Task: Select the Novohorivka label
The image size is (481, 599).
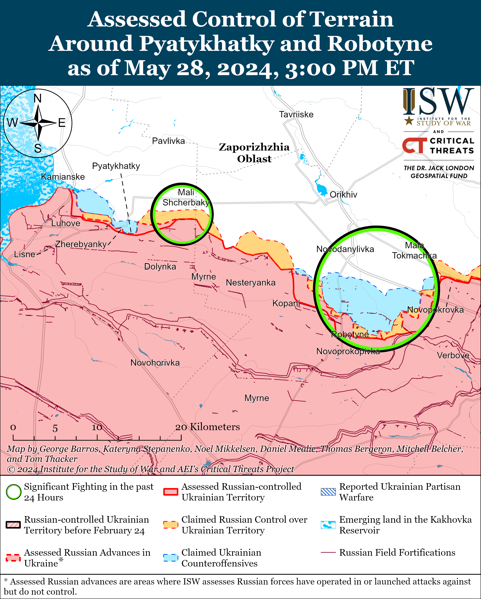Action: [155, 363]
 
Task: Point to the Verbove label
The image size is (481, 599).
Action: [453, 355]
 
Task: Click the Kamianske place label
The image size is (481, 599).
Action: [63, 177]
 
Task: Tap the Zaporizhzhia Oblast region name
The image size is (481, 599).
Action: [254, 153]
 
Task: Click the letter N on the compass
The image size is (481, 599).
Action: [38, 98]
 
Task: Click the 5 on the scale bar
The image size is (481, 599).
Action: [55, 428]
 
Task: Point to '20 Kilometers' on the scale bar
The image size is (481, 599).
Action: [207, 427]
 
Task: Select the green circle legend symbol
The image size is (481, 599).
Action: [13, 492]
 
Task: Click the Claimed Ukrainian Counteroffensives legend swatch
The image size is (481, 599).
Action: [171, 558]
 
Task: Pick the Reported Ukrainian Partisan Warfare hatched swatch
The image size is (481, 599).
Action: [328, 492]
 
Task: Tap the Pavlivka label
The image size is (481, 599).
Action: [168, 141]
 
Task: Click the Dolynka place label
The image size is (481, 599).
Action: [160, 267]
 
